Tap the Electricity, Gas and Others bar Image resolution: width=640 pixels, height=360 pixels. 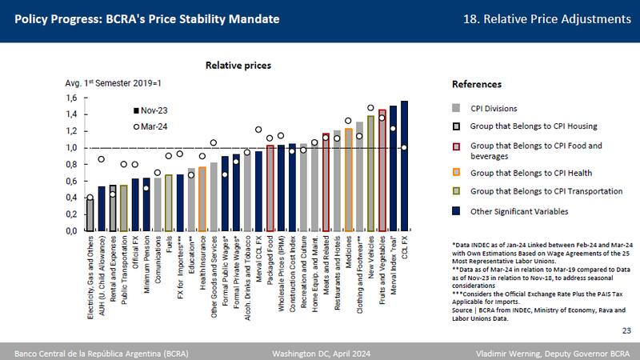90,214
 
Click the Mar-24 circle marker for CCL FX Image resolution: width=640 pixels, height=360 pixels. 404,147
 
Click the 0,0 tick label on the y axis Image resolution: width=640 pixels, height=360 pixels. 70,231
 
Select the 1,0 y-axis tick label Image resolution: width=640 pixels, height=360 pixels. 70,148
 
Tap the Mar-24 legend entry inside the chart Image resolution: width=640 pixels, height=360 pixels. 152,126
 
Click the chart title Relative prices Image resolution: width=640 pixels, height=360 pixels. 238,65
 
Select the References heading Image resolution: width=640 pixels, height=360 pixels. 477,84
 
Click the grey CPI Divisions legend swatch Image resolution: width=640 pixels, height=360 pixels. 456,107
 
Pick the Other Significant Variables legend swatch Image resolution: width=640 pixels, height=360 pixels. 456,212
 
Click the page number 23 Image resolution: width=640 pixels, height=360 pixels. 625,329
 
